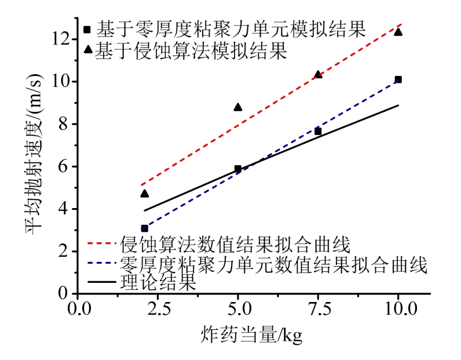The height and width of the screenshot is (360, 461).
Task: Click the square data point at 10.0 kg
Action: pyautogui.click(x=398, y=79)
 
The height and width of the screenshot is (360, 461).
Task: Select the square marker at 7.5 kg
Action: pyautogui.click(x=318, y=132)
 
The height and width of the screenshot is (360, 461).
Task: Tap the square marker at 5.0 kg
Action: pyautogui.click(x=237, y=169)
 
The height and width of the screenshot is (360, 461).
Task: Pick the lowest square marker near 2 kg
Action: pyautogui.click(x=144, y=228)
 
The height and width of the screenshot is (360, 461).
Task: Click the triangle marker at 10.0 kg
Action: pyautogui.click(x=398, y=31)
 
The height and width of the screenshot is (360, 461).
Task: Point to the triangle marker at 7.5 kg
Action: pyautogui.click(x=318, y=74)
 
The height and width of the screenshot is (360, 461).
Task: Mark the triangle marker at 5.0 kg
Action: pyautogui.click(x=237, y=107)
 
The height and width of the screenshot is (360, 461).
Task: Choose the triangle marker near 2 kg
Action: pyautogui.click(x=144, y=193)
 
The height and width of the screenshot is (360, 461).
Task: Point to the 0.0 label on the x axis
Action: pyautogui.click(x=78, y=307)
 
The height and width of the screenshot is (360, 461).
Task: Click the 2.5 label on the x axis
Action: pyautogui.click(x=158, y=307)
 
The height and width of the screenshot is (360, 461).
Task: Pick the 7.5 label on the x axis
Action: pyautogui.click(x=318, y=307)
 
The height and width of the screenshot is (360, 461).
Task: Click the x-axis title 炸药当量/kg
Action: pyautogui.click(x=253, y=335)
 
